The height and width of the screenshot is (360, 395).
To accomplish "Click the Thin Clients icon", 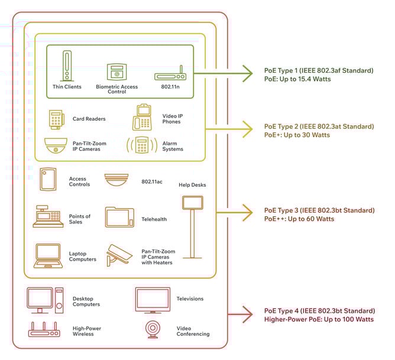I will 67,67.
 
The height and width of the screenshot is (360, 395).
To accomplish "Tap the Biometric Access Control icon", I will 116,72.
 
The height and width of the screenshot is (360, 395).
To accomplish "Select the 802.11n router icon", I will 170,76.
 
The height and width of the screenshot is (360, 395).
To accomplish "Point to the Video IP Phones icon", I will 143,117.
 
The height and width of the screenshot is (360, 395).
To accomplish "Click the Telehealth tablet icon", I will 120,217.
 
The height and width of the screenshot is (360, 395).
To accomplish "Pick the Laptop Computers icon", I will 48,256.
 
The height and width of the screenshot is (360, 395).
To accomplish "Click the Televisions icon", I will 153,300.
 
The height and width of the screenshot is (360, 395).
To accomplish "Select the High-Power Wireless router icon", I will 44,330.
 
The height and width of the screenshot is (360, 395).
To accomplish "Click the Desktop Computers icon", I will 45,300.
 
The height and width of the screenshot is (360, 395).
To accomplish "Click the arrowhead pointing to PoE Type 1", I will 250,74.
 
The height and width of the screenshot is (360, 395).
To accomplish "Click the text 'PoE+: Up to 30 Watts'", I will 297,135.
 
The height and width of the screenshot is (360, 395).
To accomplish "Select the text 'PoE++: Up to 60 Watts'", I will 299,219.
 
